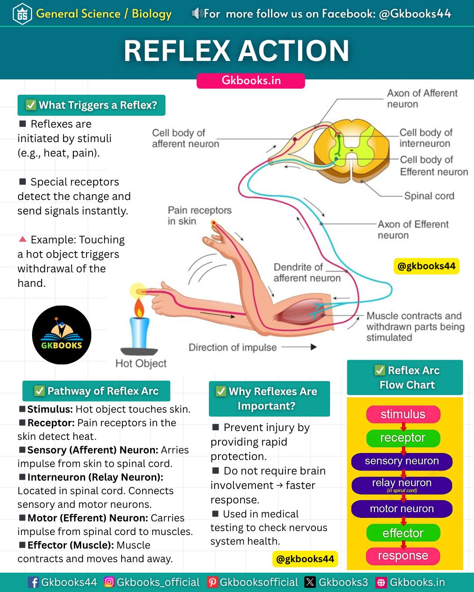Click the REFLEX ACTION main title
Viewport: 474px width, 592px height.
pos(236,50)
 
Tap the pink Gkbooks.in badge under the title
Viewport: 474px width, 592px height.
pos(251,81)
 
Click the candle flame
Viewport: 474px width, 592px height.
pos(139,308)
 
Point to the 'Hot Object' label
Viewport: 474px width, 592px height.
pos(141,364)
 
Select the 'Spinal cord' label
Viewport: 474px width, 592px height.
pos(429,196)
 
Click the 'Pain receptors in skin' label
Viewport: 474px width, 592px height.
pos(200,216)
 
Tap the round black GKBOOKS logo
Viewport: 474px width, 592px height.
pos(62,335)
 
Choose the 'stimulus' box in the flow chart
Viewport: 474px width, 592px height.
pos(403,414)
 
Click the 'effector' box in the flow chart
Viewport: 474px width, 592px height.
pos(403,533)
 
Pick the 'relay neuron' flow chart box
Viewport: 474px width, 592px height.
pos(402,485)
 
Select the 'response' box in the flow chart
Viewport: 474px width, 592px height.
pos(403,556)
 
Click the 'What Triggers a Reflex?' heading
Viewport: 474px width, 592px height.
pos(91,105)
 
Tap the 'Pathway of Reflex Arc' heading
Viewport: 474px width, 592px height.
pos(97,391)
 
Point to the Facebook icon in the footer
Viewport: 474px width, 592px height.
pos(33,582)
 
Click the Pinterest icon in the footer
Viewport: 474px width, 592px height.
pos(212,582)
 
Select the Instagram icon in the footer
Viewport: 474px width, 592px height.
pos(109,582)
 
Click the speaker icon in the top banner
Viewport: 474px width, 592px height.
pos(197,13)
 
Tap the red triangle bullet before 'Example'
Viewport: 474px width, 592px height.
pos(22,239)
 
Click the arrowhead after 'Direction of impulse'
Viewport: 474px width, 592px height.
pos(313,347)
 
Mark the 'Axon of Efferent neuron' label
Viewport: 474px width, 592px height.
pos(413,230)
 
